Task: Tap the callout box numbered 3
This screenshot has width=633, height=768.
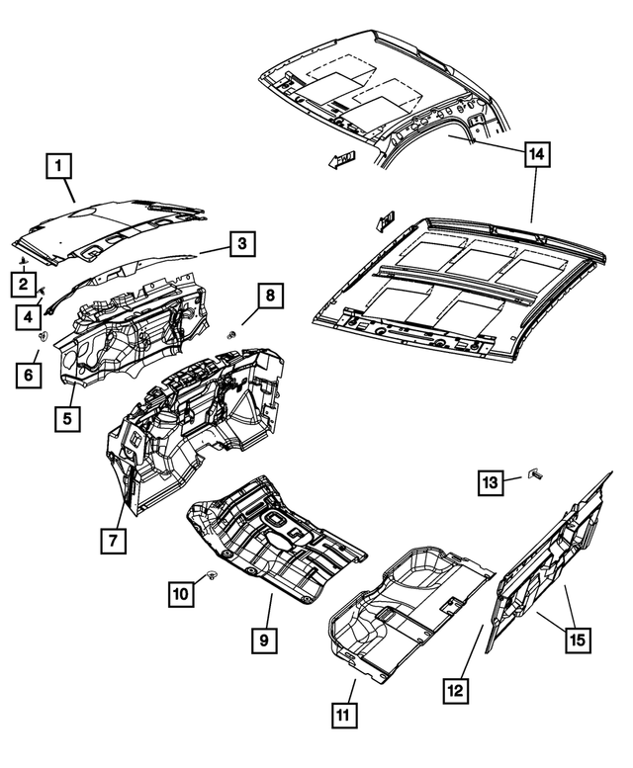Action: [242, 243]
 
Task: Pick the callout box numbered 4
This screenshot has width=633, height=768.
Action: [29, 316]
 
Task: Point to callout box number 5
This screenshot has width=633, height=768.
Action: [66, 418]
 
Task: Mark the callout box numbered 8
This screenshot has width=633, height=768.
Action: [270, 295]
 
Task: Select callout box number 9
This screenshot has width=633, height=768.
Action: [263, 640]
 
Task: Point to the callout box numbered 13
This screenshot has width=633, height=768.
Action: [492, 481]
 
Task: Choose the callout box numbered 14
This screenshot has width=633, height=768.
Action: [536, 154]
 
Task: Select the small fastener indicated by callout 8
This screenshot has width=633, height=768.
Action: [231, 334]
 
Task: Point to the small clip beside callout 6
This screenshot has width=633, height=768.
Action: [43, 337]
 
